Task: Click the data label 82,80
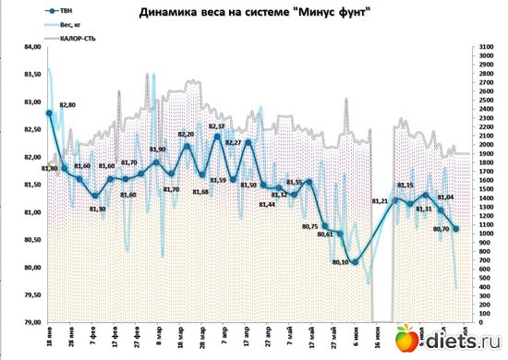point(67,105)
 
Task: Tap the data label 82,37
point(217,126)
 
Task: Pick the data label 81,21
point(379,200)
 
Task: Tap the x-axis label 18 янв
point(47,337)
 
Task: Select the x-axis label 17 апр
point(247,337)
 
